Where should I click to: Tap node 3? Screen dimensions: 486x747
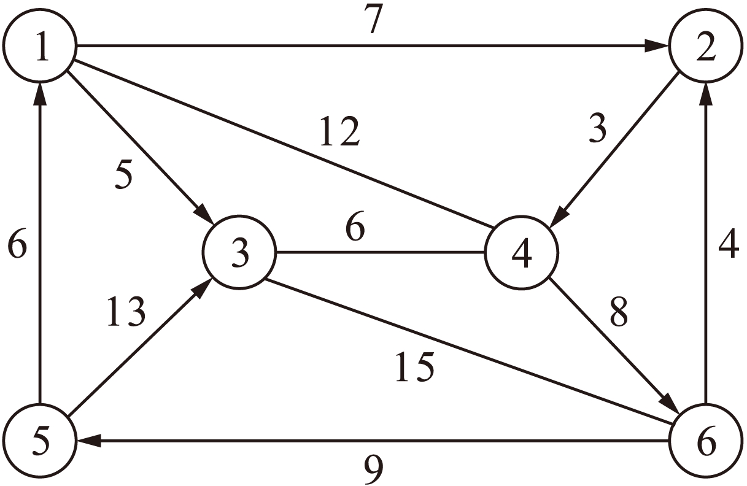(240, 252)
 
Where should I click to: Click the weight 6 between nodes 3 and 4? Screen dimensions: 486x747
(354, 229)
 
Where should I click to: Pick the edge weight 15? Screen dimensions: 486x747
(414, 367)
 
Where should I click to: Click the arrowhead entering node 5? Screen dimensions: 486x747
(85, 441)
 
